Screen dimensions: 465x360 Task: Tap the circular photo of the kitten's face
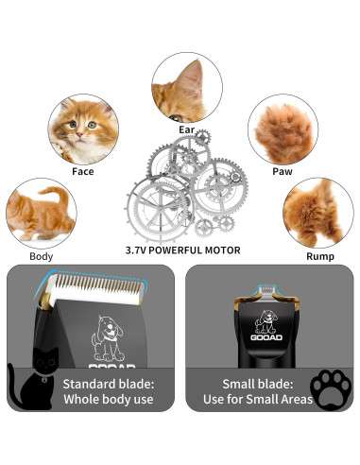82,129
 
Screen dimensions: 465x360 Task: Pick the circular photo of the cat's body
41,215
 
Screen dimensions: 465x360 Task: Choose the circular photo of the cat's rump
318,215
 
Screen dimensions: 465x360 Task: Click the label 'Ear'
187,129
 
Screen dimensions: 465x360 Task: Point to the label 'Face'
83,172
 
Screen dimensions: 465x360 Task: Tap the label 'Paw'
282,172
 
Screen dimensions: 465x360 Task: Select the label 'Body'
42,256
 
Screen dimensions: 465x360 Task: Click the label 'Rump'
319,256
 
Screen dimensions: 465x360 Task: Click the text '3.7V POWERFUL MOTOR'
182,250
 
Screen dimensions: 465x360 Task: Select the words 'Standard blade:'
109,385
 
